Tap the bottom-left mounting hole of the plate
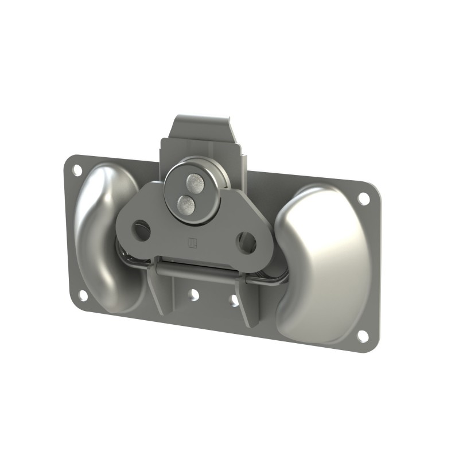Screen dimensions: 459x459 83,295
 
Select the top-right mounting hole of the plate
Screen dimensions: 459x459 363,199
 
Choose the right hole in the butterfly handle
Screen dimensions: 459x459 247,243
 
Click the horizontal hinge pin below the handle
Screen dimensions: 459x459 195,270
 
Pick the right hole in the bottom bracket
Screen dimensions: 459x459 234,301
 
